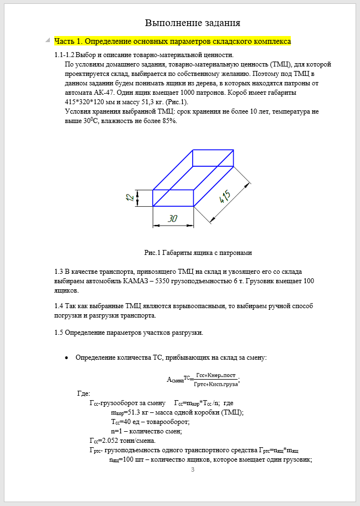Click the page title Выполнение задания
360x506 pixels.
click(x=192, y=23)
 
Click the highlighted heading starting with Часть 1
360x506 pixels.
click(x=172, y=41)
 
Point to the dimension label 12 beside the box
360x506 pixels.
click(x=130, y=197)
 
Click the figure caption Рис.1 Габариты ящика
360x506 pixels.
click(x=198, y=253)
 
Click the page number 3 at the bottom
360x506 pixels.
click(x=192, y=471)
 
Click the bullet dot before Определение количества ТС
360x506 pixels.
click(x=67, y=357)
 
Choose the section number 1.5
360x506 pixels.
click(x=59, y=333)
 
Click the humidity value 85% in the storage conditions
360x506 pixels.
click(x=168, y=121)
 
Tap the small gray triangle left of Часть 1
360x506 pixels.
click(x=49, y=40)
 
